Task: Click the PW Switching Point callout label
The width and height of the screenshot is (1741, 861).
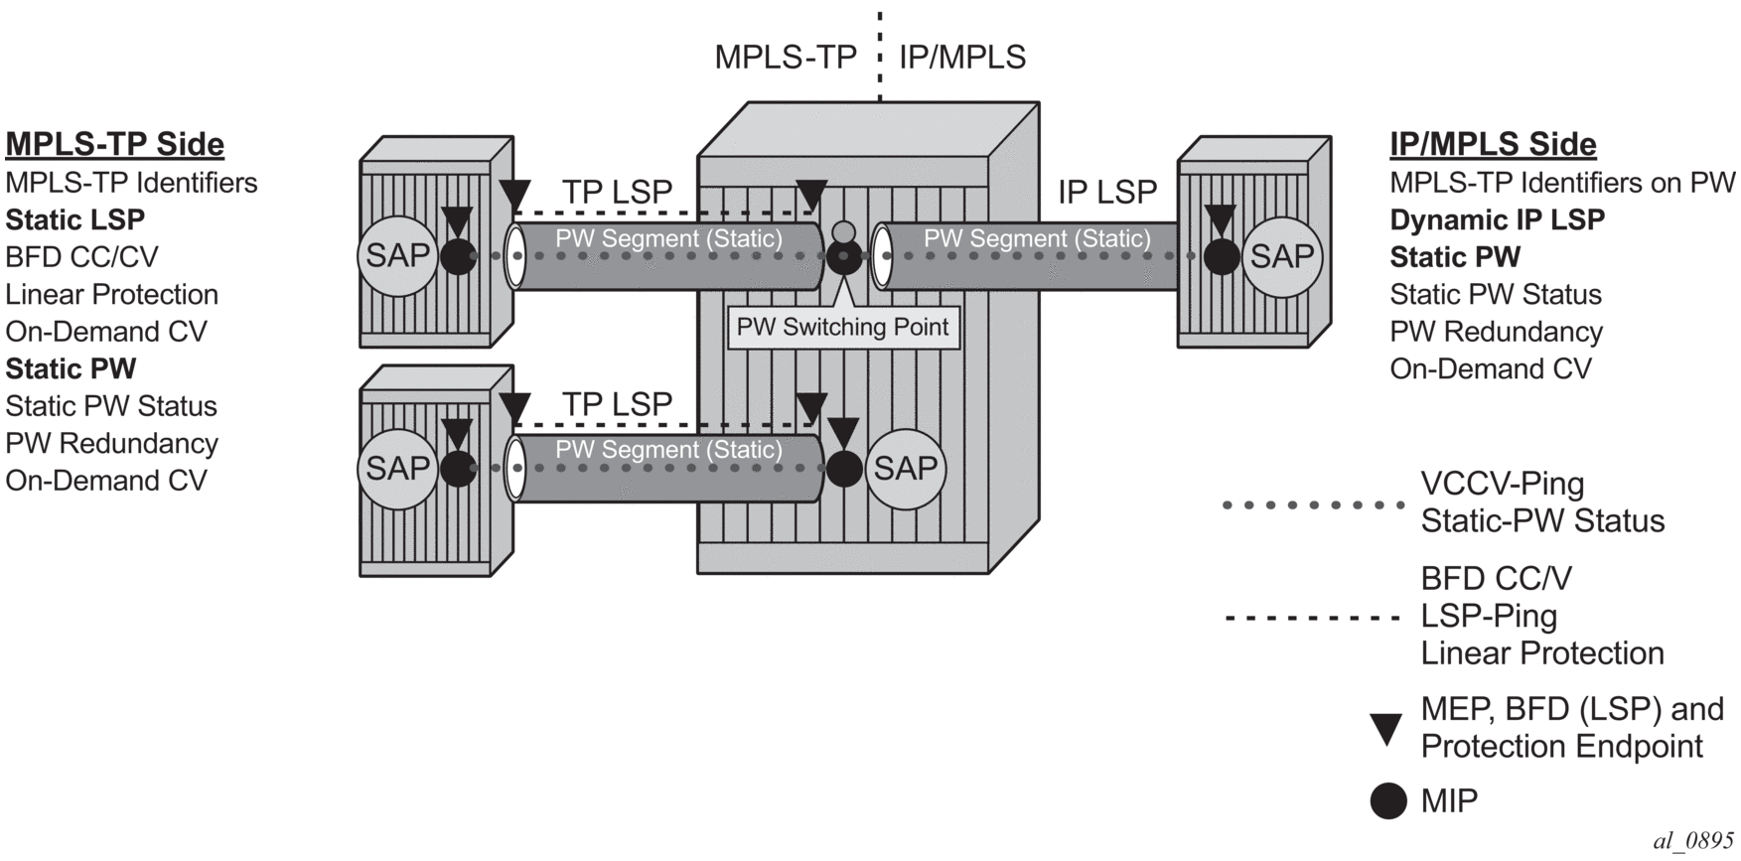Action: click(x=843, y=328)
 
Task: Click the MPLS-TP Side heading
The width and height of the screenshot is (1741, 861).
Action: click(x=115, y=145)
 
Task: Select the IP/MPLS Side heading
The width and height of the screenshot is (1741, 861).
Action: click(x=1493, y=145)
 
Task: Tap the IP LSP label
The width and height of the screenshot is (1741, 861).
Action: click(x=1107, y=192)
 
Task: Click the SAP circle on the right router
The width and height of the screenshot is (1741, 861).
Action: click(x=1281, y=257)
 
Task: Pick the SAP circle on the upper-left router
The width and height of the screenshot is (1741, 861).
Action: click(x=397, y=256)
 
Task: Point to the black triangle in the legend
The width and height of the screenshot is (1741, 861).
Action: click(x=1386, y=729)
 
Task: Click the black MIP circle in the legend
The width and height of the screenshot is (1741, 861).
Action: click(x=1387, y=800)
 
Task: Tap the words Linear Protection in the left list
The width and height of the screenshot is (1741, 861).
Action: click(x=111, y=295)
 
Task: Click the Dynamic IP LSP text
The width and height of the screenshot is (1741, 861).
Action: click(x=1497, y=220)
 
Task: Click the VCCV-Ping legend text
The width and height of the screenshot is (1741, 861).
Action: click(x=1503, y=485)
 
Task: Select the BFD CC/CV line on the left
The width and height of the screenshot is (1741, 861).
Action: click(x=81, y=257)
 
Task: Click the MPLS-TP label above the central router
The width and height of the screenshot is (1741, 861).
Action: click(x=786, y=58)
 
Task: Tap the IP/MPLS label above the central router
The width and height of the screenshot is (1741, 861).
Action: click(x=961, y=58)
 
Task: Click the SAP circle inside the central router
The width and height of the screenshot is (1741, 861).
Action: click(x=905, y=468)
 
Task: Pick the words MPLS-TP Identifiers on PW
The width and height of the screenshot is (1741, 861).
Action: click(x=1562, y=183)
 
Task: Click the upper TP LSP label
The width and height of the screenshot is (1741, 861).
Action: click(x=617, y=192)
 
